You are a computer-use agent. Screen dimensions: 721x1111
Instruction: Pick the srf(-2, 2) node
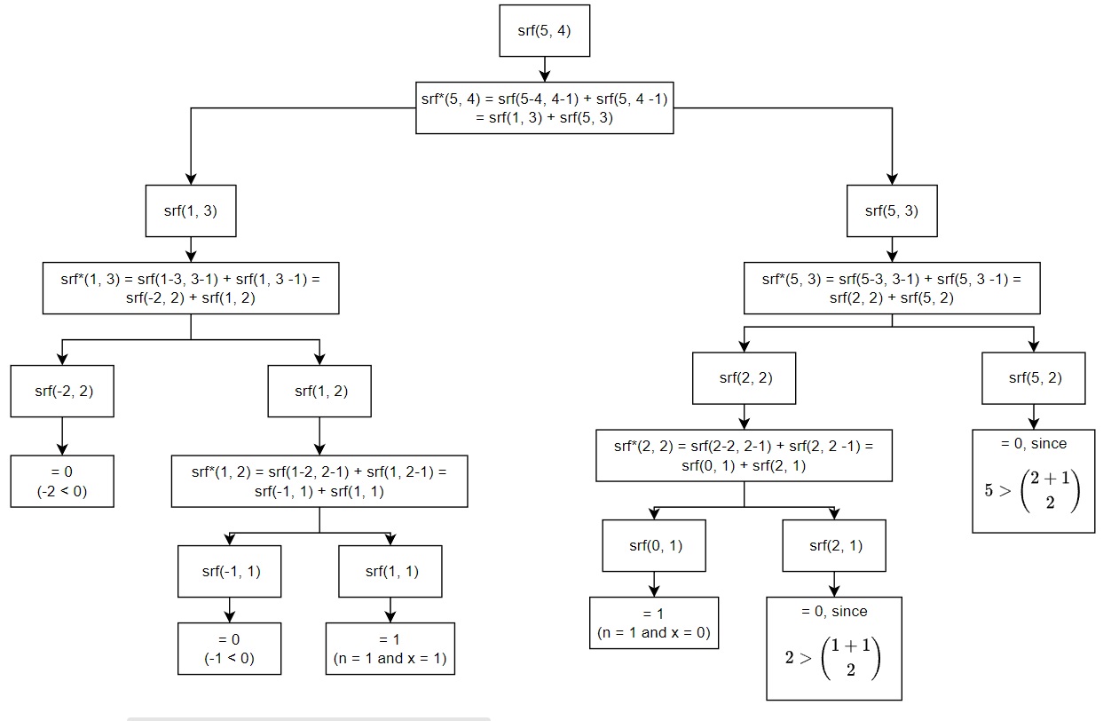[x=62, y=391]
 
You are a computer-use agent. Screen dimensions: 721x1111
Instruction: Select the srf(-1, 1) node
[x=230, y=571]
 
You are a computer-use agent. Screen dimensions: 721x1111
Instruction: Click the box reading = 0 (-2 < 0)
[x=62, y=480]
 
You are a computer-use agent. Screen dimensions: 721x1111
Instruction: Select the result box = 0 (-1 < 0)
[x=230, y=648]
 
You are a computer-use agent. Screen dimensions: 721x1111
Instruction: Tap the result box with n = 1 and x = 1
[x=390, y=648]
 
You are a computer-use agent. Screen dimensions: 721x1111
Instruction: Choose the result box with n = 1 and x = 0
[x=654, y=622]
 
